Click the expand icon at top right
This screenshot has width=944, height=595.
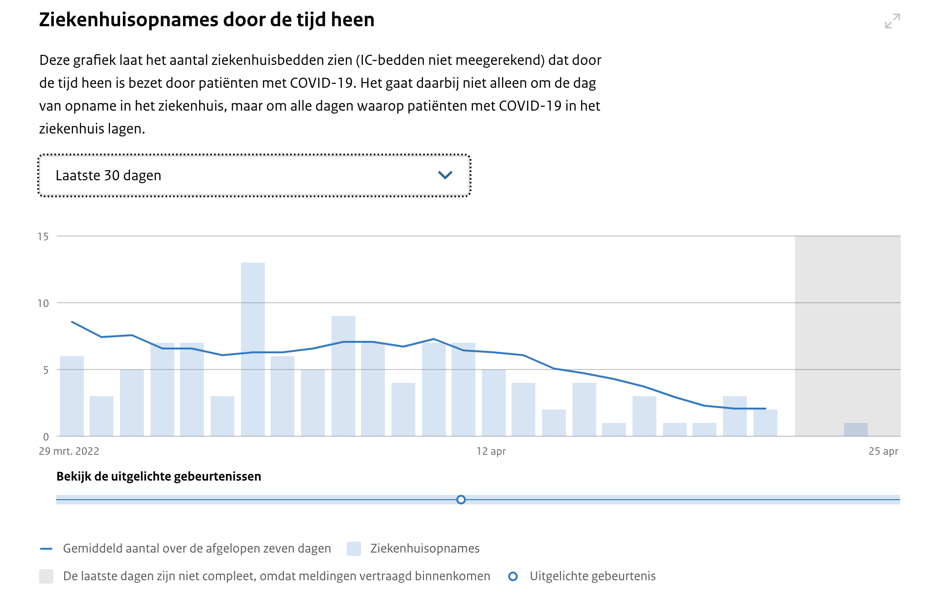[x=892, y=21]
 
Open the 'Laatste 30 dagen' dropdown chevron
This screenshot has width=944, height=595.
[x=445, y=175]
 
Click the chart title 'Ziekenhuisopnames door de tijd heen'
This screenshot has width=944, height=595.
[x=207, y=20]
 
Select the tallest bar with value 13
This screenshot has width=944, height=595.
[x=252, y=349]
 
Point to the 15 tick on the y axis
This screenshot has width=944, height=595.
[x=43, y=236]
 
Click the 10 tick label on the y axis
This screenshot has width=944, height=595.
[x=43, y=303]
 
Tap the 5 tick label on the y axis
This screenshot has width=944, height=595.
[x=46, y=370]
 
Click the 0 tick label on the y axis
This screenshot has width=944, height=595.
[x=46, y=437]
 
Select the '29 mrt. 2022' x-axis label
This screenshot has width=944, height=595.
[x=69, y=451]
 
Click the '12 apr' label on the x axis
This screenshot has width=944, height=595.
[x=491, y=451]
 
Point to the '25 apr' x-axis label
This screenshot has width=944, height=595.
[x=883, y=451]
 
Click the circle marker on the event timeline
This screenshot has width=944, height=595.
[x=461, y=500]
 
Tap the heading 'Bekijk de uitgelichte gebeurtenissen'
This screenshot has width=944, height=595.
[x=159, y=476]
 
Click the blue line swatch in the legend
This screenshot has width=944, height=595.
[x=46, y=549]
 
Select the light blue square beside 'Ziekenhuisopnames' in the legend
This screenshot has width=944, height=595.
[x=353, y=549]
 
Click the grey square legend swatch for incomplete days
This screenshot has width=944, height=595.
[x=46, y=576]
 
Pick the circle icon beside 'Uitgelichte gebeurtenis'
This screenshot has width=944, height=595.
[x=513, y=576]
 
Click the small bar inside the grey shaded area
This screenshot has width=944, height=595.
[x=855, y=430]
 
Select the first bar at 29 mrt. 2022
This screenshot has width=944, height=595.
[x=72, y=396]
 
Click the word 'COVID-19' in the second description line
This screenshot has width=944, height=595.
[x=321, y=83]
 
